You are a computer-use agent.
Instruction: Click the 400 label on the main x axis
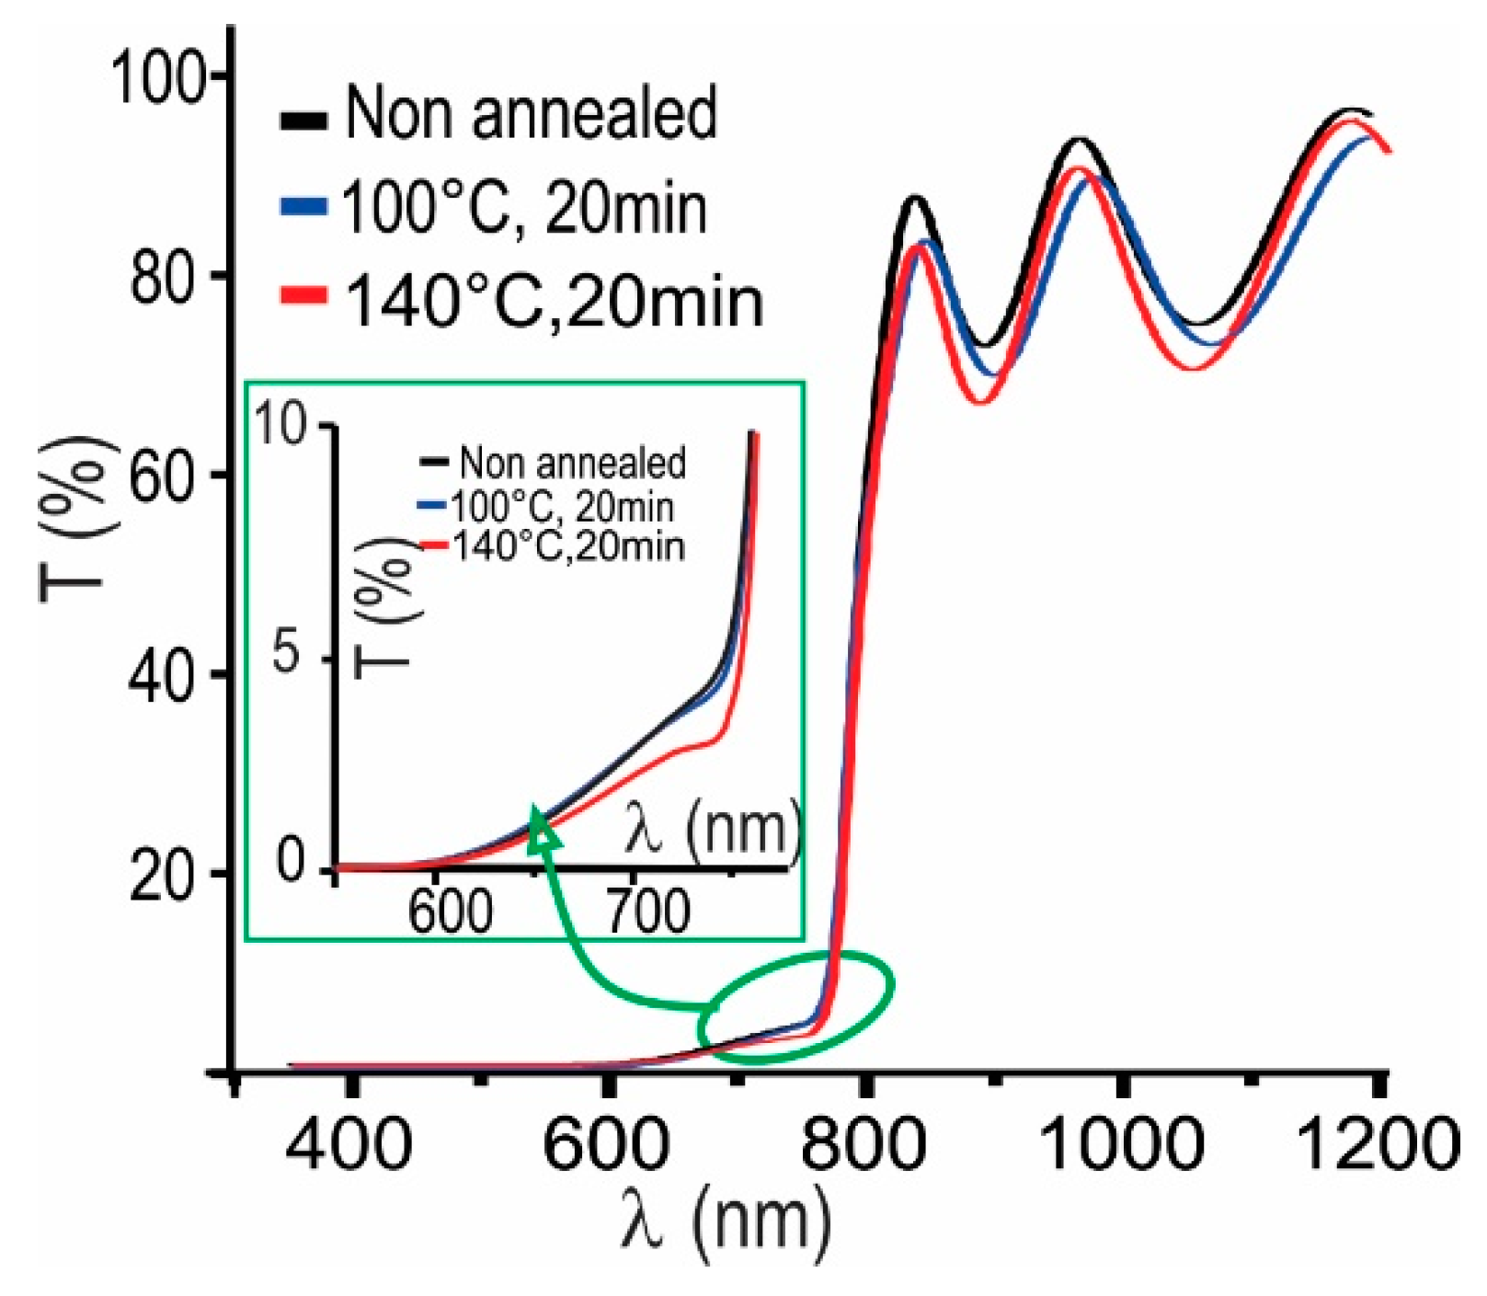click(x=349, y=1144)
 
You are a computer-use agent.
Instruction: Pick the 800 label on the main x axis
click(x=862, y=1144)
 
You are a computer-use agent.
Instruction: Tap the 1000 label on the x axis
click(x=1120, y=1144)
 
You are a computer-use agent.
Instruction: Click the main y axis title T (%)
click(x=78, y=520)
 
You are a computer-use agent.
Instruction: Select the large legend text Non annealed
click(x=531, y=113)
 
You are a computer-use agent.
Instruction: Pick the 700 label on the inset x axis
click(x=648, y=912)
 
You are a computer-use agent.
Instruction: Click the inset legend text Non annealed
click(x=572, y=463)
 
